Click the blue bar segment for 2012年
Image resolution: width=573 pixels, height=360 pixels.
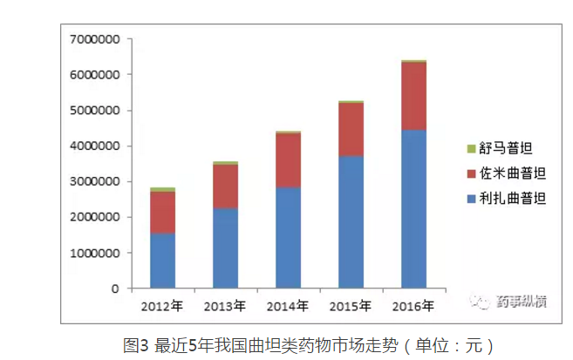pyautogui.click(x=162, y=261)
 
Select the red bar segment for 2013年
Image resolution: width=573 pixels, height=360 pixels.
pyautogui.click(x=225, y=186)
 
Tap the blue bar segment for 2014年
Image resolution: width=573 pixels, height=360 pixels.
pyautogui.click(x=288, y=237)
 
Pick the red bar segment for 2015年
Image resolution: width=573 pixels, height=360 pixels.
pyautogui.click(x=351, y=129)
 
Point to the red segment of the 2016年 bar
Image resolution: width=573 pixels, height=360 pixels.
pyautogui.click(x=413, y=96)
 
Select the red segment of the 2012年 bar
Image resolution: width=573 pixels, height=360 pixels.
pyautogui.click(x=162, y=212)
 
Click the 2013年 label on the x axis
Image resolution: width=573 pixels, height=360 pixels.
pyautogui.click(x=225, y=306)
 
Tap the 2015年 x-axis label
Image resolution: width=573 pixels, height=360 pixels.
pyautogui.click(x=351, y=306)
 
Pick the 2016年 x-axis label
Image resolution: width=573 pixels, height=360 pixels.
pyautogui.click(x=413, y=306)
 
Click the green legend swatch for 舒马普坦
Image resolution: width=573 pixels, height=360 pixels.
pyautogui.click(x=471, y=149)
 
